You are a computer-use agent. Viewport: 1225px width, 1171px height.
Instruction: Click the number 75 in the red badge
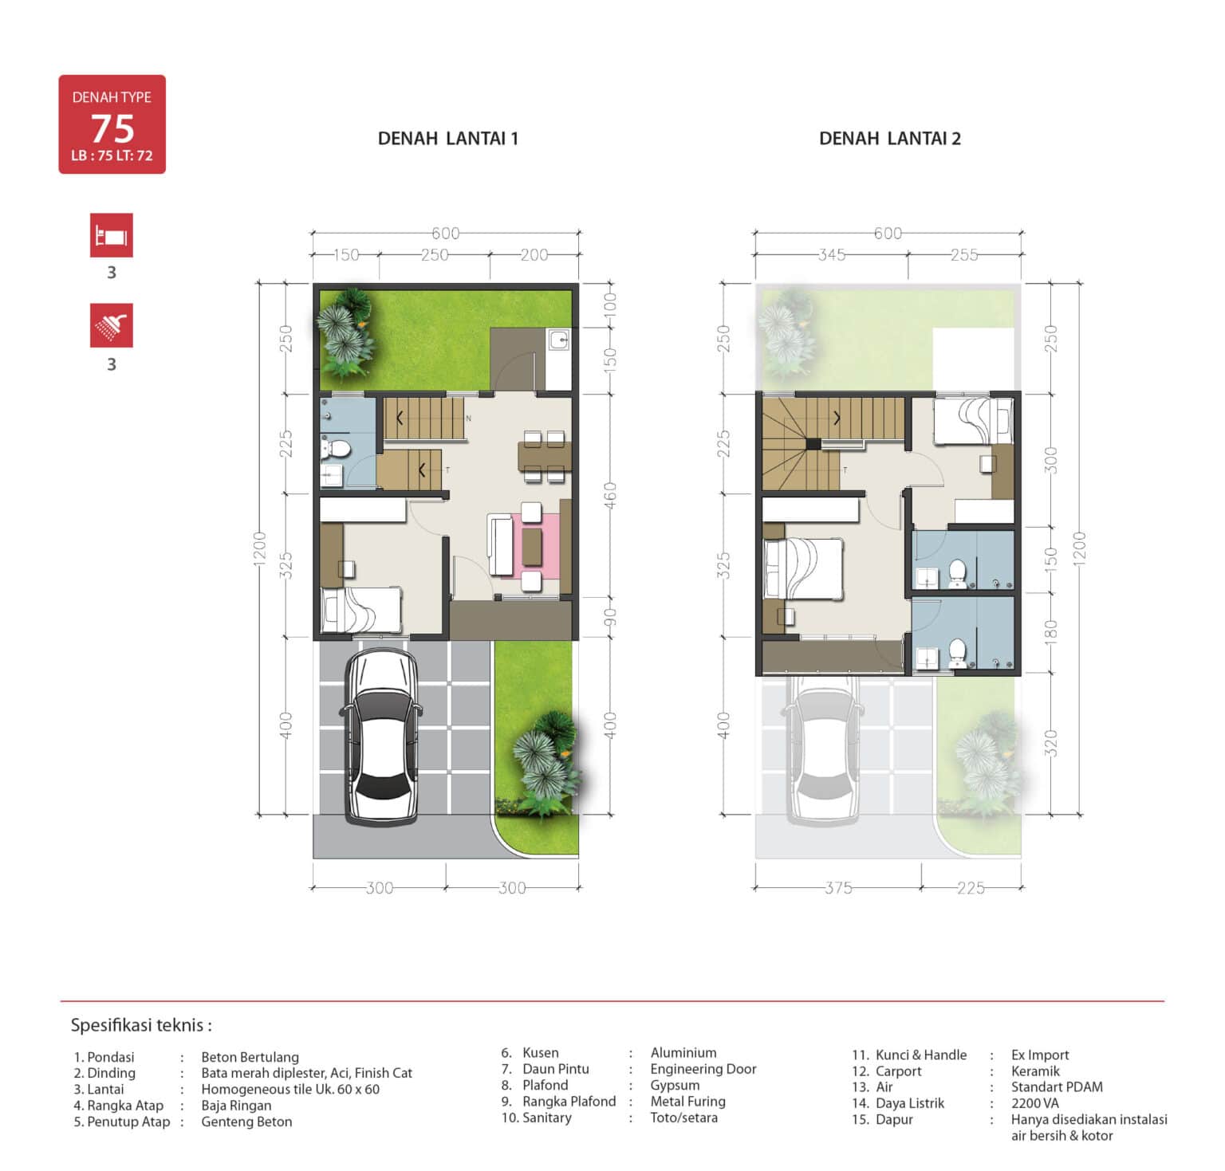112,128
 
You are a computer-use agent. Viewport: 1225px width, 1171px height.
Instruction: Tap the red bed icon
112,235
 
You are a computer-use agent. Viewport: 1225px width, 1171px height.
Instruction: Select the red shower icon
112,325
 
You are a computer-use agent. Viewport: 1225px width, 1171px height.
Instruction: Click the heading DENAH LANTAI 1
447,139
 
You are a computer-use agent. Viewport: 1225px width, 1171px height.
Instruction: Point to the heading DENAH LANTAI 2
890,139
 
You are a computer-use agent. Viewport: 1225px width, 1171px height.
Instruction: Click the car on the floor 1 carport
381,737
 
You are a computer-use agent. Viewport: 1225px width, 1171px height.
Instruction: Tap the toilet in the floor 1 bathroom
336,448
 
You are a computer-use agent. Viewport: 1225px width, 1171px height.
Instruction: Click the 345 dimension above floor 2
832,255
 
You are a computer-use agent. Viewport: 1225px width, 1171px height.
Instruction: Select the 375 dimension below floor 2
838,888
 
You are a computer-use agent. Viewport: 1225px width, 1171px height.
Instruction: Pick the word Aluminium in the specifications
683,1052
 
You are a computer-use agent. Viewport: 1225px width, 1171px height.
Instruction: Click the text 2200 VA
1035,1103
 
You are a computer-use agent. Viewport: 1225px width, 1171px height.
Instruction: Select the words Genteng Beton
246,1122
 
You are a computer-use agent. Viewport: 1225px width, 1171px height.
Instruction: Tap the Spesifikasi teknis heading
141,1025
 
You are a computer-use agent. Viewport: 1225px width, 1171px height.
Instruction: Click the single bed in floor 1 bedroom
361,610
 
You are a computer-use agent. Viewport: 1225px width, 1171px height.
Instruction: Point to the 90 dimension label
610,617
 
